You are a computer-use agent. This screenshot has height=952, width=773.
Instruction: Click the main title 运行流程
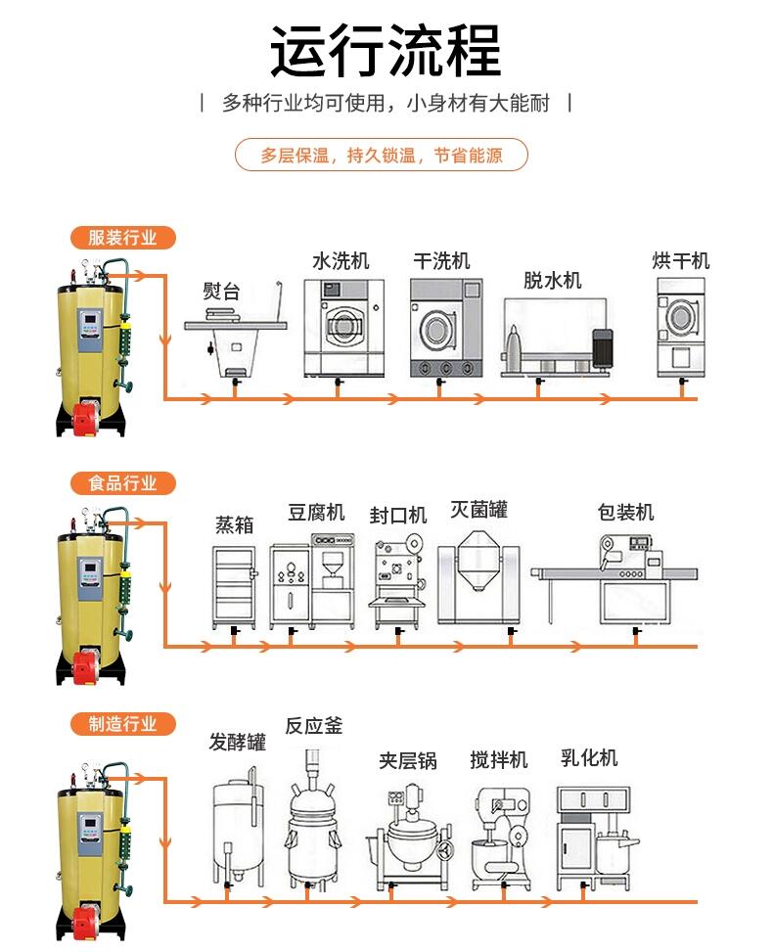click(386, 50)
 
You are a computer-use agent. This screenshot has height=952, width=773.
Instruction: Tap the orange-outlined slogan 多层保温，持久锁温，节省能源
click(382, 156)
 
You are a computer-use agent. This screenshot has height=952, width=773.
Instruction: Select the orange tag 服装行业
click(122, 238)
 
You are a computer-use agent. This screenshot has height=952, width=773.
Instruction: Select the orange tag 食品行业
click(122, 483)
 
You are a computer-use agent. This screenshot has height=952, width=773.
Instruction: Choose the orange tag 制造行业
click(122, 724)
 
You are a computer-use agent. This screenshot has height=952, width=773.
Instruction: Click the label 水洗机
click(341, 261)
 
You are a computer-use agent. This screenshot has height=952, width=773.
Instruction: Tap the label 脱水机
click(552, 281)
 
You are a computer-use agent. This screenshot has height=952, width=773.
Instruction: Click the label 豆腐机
click(316, 513)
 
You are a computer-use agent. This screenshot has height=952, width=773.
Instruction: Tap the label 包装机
click(625, 513)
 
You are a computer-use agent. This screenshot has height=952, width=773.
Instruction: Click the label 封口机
click(398, 516)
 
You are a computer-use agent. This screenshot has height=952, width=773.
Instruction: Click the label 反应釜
click(314, 727)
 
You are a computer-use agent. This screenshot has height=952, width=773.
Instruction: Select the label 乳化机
click(589, 758)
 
